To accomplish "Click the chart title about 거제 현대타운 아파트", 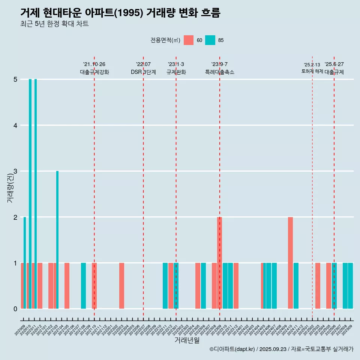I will pyautogui.click(x=120, y=13).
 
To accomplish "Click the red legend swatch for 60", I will pyautogui.click(x=189, y=40).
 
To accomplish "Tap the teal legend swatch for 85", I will pyautogui.click(x=210, y=40).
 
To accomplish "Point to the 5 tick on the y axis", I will pyautogui.click(x=15, y=79).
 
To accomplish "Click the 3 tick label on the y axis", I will pyautogui.click(x=15, y=171).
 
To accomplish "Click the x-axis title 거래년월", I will pyautogui.click(x=187, y=340).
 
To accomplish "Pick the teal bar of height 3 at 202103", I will pyautogui.click(x=57, y=240).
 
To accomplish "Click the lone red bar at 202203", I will pyautogui.click(x=121, y=286).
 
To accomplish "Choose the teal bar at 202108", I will pyautogui.click(x=83, y=286).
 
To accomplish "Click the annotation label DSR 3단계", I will pyautogui.click(x=143, y=72).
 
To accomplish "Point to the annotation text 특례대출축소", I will pyautogui.click(x=220, y=72).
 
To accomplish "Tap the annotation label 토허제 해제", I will pyautogui.click(x=312, y=71).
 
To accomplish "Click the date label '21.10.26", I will pyautogui.click(x=94, y=64).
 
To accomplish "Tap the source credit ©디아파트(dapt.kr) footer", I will pyautogui.click(x=281, y=349).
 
